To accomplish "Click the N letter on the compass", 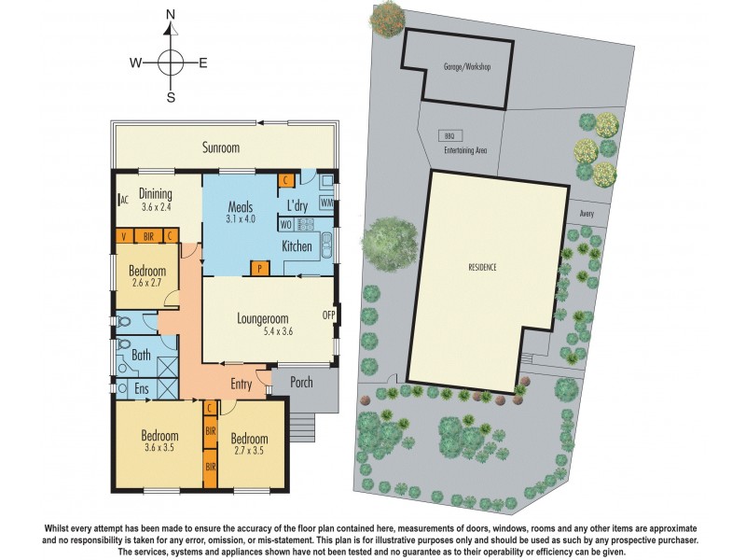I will pos(171,15).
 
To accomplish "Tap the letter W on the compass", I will pos(135,63).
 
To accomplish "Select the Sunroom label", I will pos(221,147).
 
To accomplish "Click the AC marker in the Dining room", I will pos(123,200).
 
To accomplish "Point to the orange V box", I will pos(123,236).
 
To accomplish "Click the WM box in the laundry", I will pos(326,203).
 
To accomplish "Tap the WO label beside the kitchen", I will pos(285,225).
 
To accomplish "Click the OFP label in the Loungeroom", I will pos(328,315).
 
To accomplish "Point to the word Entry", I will pos(242,383).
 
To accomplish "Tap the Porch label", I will pos(300,383).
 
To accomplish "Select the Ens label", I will pos(142,387).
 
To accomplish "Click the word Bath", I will pos(141,355).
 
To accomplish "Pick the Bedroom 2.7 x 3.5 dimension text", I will pos(249,451).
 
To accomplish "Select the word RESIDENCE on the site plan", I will pos(482,267).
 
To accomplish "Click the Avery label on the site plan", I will pos(587,212).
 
